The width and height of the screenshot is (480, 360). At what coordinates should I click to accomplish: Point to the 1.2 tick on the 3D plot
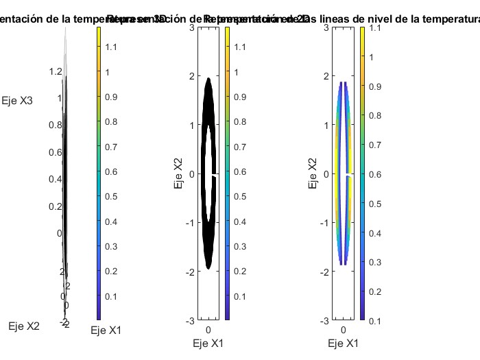pyautogui.click(x=56, y=72)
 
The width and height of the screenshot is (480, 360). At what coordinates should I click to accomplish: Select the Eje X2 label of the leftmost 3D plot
pyautogui.click(x=24, y=326)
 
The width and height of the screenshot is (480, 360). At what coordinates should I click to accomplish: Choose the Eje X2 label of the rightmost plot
pyautogui.click(x=312, y=173)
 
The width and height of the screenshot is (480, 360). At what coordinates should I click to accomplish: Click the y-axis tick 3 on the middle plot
pyautogui.click(x=191, y=27)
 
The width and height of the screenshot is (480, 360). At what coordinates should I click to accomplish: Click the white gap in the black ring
pyautogui.click(x=215, y=176)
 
